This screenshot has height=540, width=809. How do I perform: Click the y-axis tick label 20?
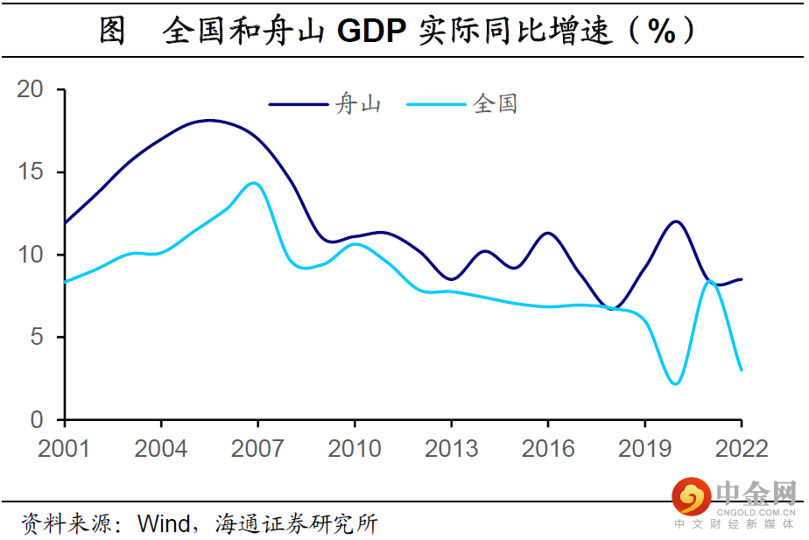point(30,89)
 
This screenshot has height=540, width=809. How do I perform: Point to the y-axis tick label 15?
point(30,172)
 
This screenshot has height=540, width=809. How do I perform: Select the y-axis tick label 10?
point(30,255)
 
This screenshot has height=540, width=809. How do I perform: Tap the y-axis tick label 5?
point(36,338)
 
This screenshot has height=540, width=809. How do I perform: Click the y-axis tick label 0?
point(36,420)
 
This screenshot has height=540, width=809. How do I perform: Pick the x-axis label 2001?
point(64,448)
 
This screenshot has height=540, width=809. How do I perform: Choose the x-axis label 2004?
point(161,448)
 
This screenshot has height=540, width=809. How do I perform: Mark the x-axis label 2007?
point(257,448)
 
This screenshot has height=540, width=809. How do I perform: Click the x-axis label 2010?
point(355,448)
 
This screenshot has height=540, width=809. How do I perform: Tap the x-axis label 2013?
point(451,448)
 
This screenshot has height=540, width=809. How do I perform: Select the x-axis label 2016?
point(548,448)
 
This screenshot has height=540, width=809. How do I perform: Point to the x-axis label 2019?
point(645,448)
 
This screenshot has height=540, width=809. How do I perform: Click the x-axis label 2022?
point(742,448)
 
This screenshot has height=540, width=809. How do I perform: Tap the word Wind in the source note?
point(164,524)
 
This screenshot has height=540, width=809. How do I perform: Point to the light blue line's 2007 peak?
point(254,183)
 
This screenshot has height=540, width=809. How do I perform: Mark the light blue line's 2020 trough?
point(675,383)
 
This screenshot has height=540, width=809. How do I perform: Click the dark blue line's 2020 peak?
point(675,221)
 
